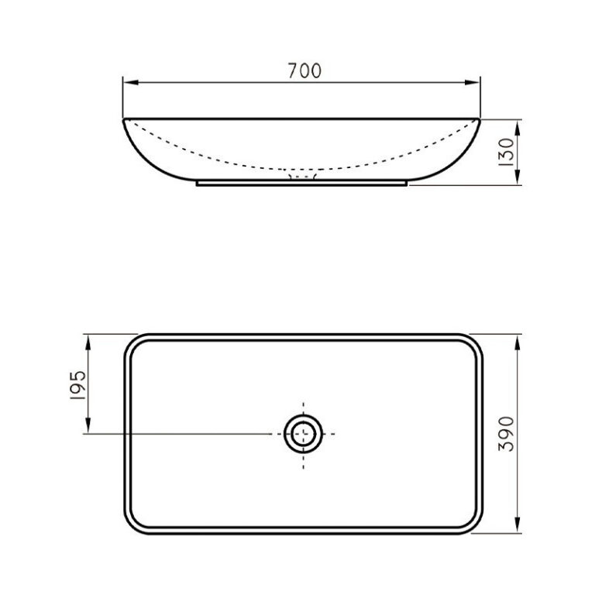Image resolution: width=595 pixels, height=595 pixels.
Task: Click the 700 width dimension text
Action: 304,71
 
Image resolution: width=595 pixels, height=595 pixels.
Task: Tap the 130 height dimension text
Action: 508,153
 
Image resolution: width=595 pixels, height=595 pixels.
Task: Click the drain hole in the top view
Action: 303,433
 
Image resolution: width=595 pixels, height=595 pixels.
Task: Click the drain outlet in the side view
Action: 303,177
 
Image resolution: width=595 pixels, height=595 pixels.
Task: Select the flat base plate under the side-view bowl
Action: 303,184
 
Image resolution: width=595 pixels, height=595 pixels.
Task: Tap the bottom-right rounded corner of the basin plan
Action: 475,528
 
